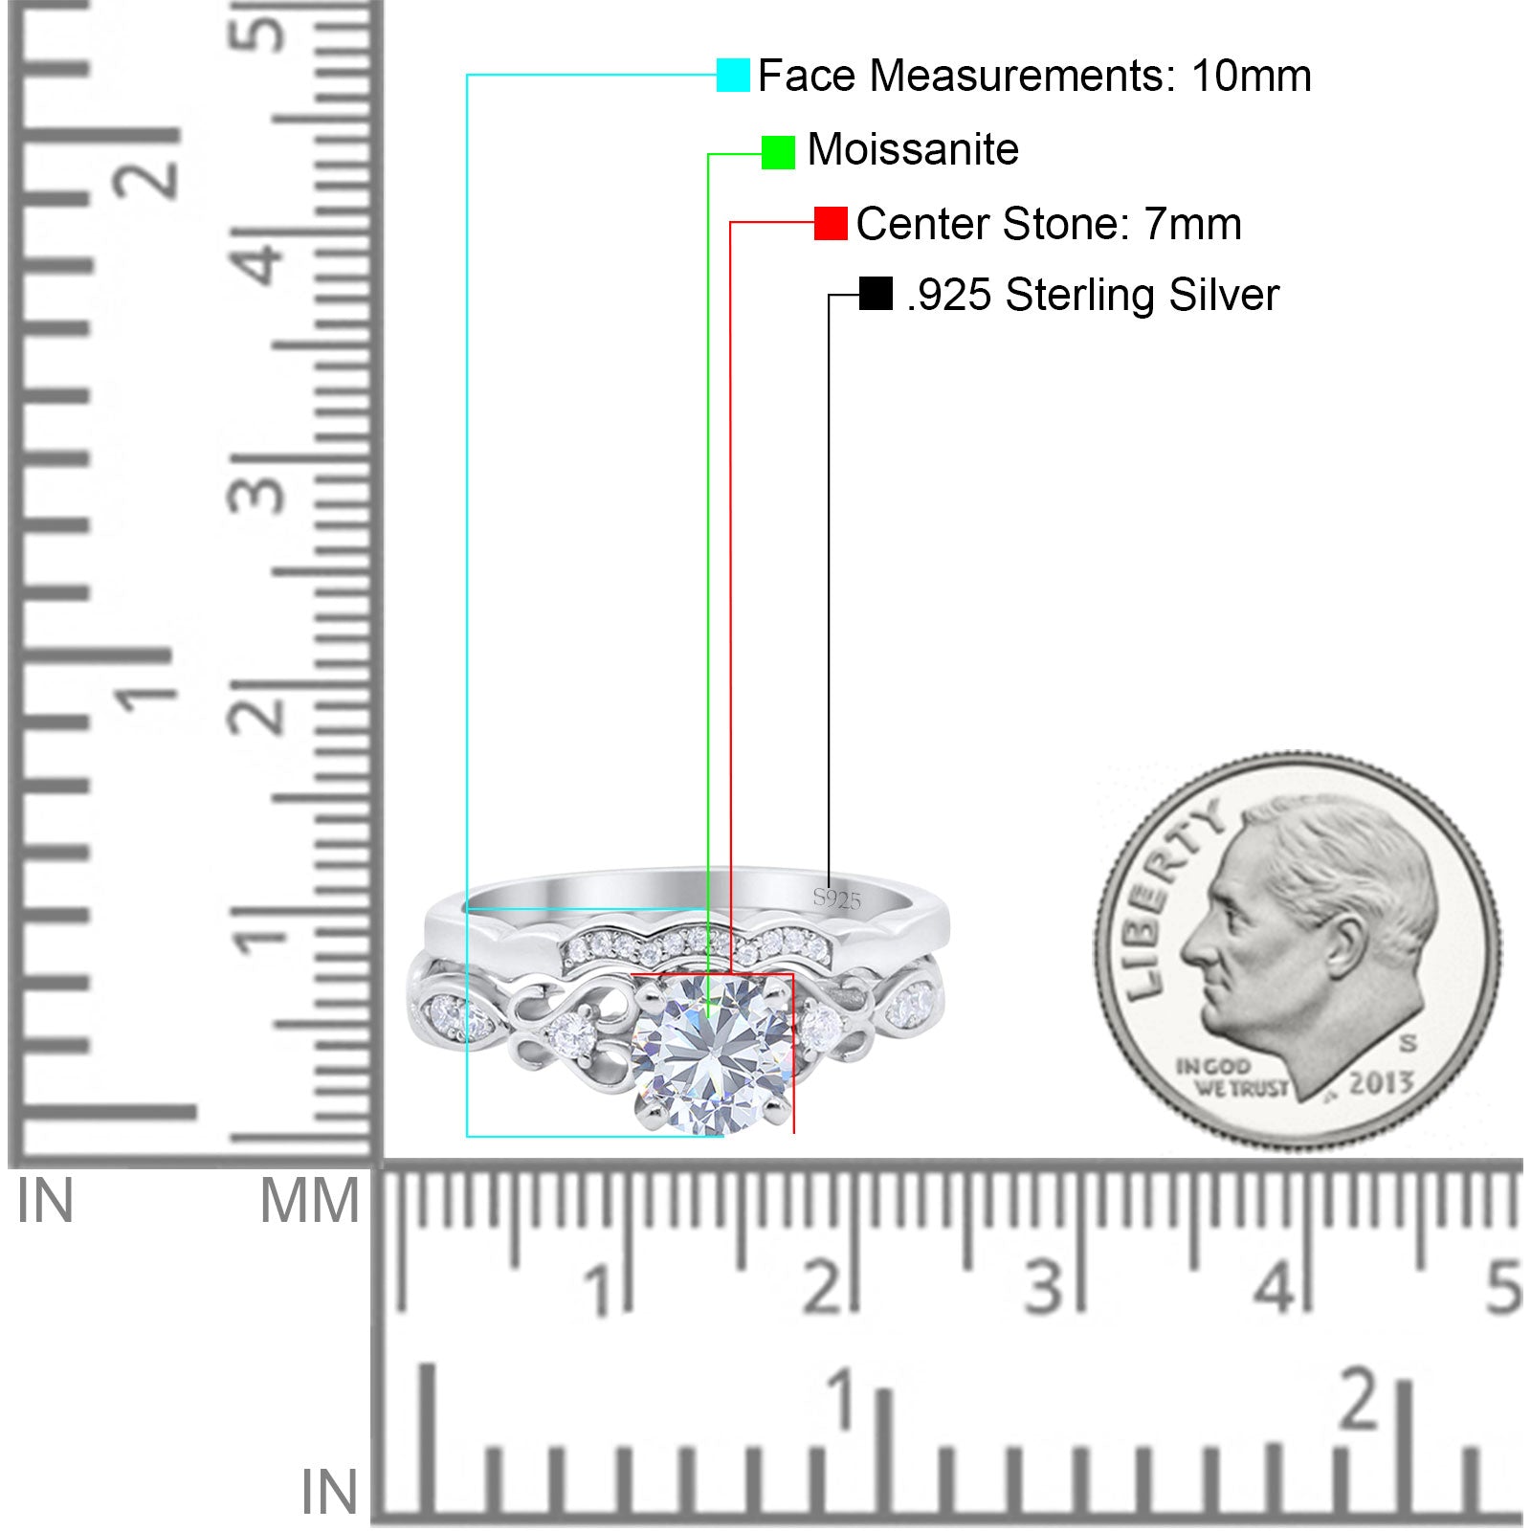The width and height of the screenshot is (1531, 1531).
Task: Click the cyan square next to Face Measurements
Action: (733, 75)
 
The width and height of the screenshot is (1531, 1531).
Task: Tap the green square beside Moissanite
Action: (778, 152)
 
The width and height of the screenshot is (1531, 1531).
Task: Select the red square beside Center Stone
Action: (831, 224)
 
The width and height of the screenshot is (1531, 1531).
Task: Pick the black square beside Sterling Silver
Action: (876, 294)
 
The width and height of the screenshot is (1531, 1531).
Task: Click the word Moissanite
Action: (913, 150)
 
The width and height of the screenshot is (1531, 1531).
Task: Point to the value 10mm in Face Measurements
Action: (1251, 76)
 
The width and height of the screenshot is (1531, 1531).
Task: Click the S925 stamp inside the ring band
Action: (837, 898)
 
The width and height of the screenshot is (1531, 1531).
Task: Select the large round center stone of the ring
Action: (713, 1053)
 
